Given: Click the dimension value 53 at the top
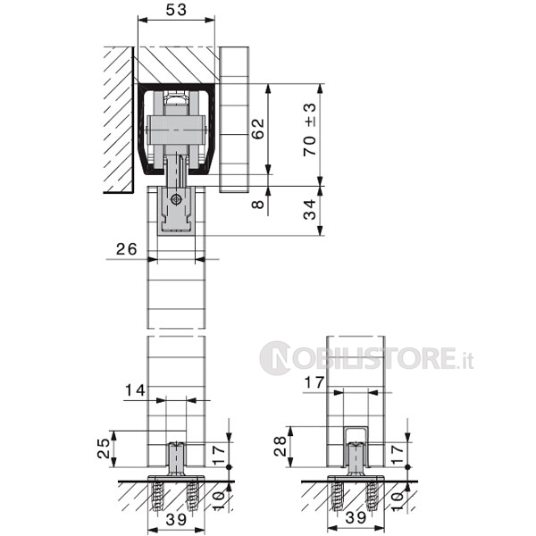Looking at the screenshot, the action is pos(176,10).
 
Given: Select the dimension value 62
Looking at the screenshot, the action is pos(258,129).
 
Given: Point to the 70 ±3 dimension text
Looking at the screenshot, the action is pos(310,130).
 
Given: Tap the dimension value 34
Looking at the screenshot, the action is pos(310,210).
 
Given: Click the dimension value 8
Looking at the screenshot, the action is pos(258,204).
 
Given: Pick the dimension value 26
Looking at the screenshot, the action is pos(127,249).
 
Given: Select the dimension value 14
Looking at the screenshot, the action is pos(136,390).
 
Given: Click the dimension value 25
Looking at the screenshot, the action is pos(103,448).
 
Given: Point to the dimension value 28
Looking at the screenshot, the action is pos(281,446).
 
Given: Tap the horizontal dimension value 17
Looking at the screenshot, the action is pos(314,382).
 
